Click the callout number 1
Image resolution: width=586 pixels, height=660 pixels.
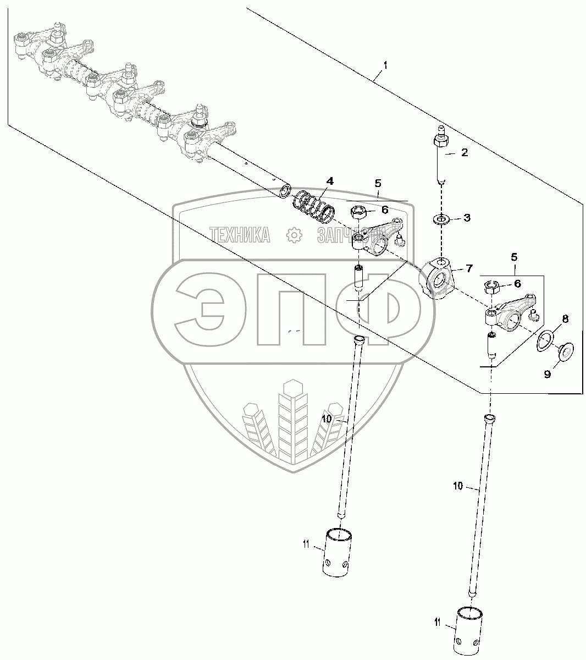click(x=385, y=65)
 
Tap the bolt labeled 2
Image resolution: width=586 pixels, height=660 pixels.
click(x=439, y=157)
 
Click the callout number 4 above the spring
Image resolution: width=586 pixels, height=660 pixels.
click(x=329, y=180)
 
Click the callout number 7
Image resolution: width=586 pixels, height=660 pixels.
click(x=469, y=268)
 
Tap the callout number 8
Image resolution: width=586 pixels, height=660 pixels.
click(x=565, y=318)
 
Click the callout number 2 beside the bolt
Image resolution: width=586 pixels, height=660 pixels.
click(x=465, y=153)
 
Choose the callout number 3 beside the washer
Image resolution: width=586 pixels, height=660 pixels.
click(x=467, y=218)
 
